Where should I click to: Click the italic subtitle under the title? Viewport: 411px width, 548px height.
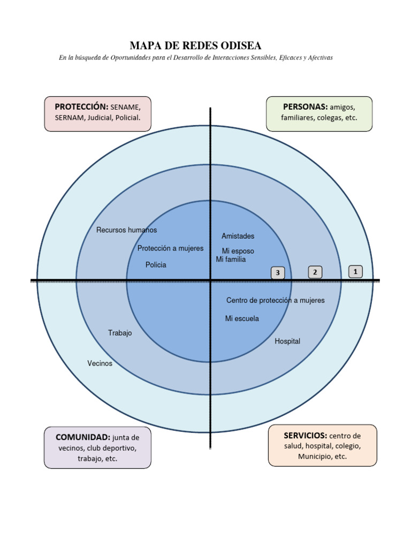[x=196, y=57]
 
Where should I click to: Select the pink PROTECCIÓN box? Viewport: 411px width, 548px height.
[x=97, y=113]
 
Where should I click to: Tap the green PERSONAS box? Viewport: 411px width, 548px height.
[x=319, y=113]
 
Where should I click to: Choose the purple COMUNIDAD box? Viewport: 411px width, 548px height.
[x=97, y=447]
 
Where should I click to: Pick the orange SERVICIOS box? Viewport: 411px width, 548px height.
[x=322, y=445]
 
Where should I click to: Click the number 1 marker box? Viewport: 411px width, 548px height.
[x=355, y=272]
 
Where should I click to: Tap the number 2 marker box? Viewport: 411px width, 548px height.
[x=315, y=272]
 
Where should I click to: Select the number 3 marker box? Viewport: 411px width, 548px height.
[x=277, y=273]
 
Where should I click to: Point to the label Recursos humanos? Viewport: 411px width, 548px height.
[x=127, y=230]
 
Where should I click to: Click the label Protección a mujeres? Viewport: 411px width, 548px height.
[x=170, y=248]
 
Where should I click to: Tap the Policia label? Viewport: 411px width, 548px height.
[x=156, y=265]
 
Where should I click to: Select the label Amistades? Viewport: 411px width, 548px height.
[x=238, y=236]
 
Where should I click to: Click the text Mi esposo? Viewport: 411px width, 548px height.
[x=238, y=251]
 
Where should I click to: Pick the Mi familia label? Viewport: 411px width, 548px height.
[x=231, y=260]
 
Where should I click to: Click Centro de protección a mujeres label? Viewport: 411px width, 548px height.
[x=276, y=300]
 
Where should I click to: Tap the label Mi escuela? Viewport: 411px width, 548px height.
[x=242, y=318]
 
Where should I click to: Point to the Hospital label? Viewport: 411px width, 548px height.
[x=287, y=341]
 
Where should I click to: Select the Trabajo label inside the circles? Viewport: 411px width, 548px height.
[x=120, y=333]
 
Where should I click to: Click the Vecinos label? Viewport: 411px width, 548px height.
[x=100, y=363]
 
